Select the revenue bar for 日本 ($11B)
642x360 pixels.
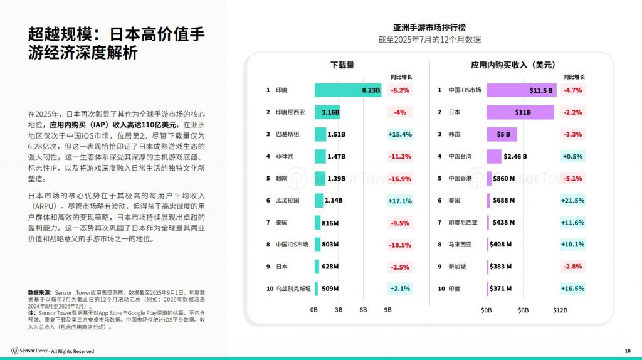coord(520,112)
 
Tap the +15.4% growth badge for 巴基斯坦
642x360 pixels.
coord(399,134)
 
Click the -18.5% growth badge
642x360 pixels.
coord(399,245)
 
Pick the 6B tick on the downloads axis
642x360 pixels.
coord(363,310)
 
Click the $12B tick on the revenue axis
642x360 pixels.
coord(560,310)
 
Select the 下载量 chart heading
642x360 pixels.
coord(342,65)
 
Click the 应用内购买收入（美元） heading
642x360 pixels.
coord(513,65)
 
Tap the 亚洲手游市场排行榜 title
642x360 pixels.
coord(429,28)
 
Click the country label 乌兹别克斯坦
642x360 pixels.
coord(292,289)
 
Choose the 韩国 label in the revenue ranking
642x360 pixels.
coord(455,134)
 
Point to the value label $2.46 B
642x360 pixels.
coord(515,156)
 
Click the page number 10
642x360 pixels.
coord(628,351)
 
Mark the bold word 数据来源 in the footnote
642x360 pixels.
coord(40,293)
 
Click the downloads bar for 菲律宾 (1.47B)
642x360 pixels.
coord(320,156)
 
